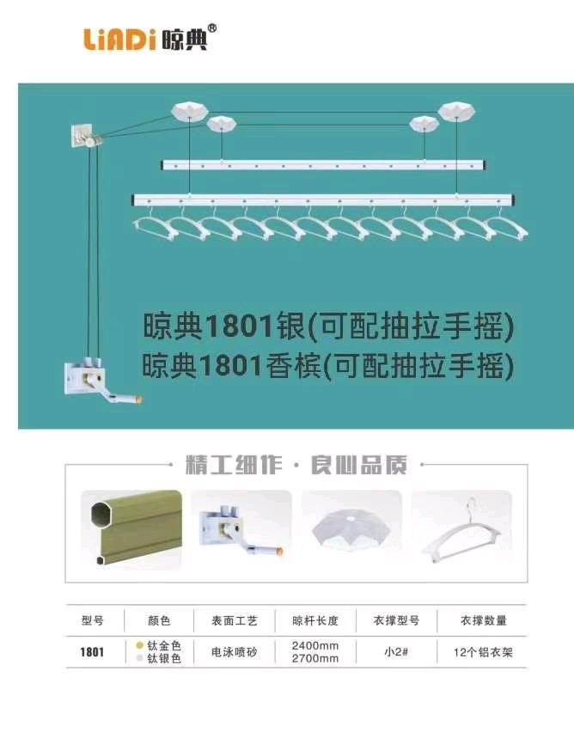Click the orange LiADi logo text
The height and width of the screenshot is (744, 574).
(x=120, y=40)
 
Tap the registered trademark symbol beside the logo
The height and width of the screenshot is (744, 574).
(x=212, y=28)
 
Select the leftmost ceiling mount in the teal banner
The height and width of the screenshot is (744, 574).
(x=189, y=110)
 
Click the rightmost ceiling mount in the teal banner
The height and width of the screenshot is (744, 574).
(x=457, y=111)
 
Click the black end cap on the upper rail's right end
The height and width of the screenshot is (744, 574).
(x=485, y=166)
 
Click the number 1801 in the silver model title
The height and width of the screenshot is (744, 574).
(x=240, y=327)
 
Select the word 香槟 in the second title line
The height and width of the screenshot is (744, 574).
(x=292, y=366)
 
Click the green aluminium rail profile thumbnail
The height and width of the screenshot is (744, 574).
(x=131, y=529)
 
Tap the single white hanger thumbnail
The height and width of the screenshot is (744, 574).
(x=462, y=530)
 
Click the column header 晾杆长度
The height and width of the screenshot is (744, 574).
(x=315, y=620)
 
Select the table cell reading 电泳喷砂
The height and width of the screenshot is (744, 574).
(x=235, y=652)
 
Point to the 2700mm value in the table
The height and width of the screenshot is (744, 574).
(x=315, y=659)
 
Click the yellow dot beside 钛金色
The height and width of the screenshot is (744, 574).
(x=139, y=645)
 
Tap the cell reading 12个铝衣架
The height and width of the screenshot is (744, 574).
(x=483, y=652)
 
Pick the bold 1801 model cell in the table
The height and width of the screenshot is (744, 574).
(x=92, y=652)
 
